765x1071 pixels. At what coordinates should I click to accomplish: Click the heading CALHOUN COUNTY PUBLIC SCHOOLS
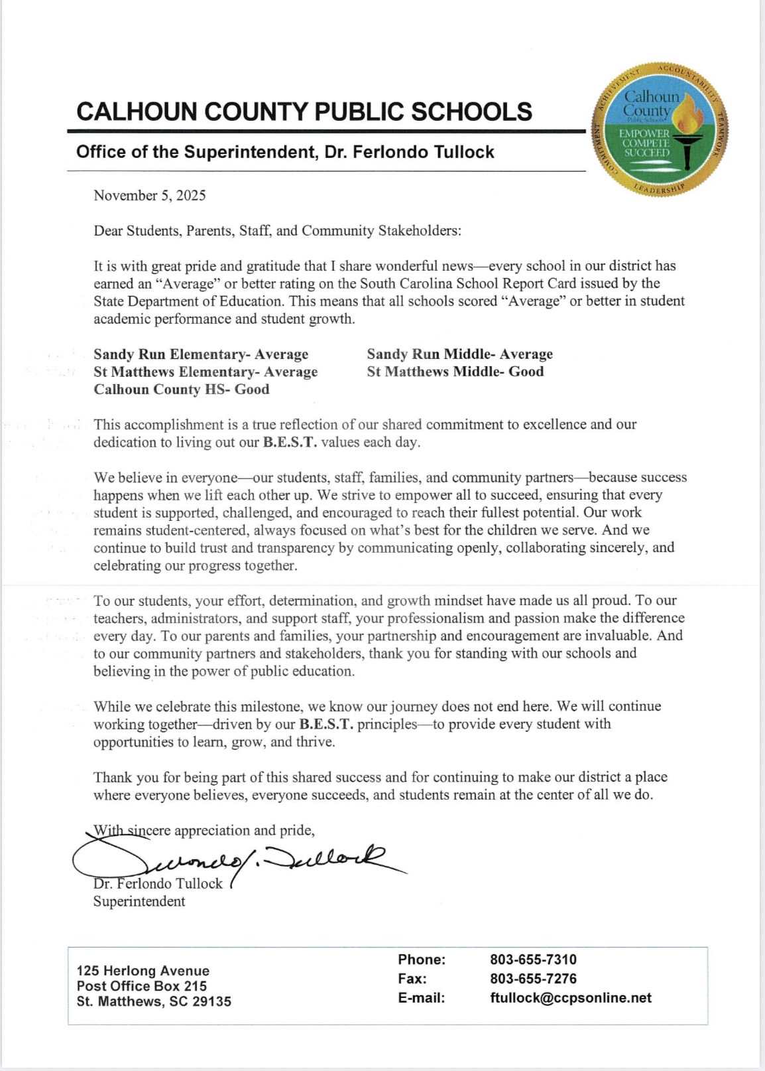coord(304,111)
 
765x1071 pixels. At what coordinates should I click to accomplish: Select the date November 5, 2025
coord(150,195)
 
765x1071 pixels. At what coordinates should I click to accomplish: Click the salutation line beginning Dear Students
coord(277,231)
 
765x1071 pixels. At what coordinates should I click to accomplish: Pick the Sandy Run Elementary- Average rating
coord(201,354)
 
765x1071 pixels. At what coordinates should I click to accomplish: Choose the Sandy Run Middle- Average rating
coord(459,354)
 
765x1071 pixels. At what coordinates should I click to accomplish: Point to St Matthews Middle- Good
coord(455,372)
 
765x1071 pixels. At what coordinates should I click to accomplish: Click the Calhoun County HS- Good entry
coord(182,390)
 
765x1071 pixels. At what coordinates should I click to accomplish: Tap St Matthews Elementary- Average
coord(206,372)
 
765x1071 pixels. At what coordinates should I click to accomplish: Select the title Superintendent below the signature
coord(139,901)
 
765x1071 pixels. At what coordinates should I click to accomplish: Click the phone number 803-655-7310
coord(533,960)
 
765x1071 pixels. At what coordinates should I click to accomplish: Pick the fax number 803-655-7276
coord(533,979)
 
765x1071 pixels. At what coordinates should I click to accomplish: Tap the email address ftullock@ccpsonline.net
coord(570,998)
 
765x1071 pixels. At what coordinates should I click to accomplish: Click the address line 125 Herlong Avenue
coord(143,971)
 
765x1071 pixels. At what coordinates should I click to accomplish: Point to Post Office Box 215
coord(142,986)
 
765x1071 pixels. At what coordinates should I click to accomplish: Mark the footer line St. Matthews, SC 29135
coord(154,1001)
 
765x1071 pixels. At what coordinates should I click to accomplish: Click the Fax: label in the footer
coord(412,979)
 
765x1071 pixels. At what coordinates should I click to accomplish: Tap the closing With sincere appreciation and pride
coord(204,830)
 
